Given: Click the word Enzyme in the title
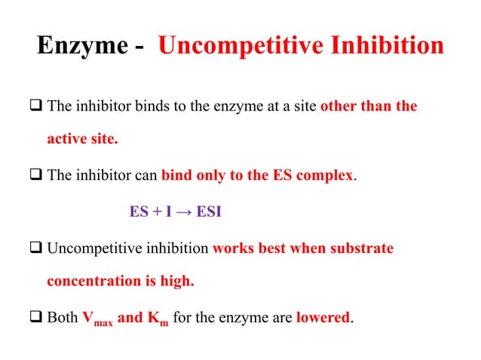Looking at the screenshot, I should point(81,47).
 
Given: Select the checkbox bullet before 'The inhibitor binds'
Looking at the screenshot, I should point(37,106).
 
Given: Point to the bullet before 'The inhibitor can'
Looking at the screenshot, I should point(37,175).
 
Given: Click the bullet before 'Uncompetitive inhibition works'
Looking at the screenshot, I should point(37,249).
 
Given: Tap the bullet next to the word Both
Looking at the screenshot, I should point(37,318).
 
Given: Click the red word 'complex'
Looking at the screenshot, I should point(325,176).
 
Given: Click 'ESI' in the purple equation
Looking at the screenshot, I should point(209,212).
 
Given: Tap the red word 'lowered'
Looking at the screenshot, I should point(323,318).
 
